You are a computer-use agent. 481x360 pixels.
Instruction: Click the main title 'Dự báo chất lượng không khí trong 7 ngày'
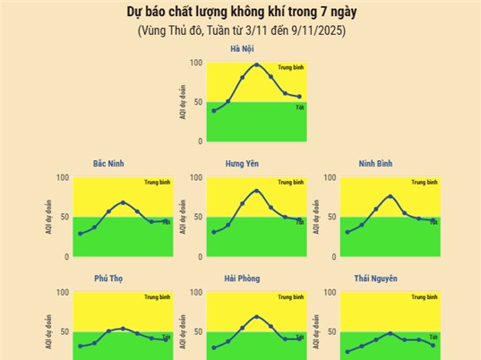tap(240, 13)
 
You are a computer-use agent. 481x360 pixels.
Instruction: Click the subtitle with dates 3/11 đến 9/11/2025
tap(240, 30)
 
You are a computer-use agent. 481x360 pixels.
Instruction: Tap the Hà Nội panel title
tap(241, 48)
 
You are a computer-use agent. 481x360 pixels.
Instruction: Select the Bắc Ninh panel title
tap(108, 164)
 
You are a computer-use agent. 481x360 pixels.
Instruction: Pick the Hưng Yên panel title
tap(241, 164)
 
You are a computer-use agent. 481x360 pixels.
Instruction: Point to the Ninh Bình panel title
tap(374, 164)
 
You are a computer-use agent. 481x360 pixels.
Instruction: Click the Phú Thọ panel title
tap(108, 279)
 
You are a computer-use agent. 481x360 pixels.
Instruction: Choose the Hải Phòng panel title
tap(241, 279)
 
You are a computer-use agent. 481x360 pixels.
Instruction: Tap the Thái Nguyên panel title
tap(374, 279)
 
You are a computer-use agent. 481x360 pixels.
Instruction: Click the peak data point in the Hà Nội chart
tap(257, 64)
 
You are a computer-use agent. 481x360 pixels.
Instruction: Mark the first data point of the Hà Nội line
tap(214, 111)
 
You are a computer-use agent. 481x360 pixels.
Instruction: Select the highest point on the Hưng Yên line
tap(257, 191)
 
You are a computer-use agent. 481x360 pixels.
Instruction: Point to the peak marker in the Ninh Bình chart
tap(391, 196)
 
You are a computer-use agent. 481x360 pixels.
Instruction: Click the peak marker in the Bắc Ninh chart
tap(123, 202)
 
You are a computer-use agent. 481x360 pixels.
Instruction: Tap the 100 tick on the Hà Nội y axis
tap(197, 63)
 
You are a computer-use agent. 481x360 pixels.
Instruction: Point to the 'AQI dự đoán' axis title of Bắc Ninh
tap(50, 217)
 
